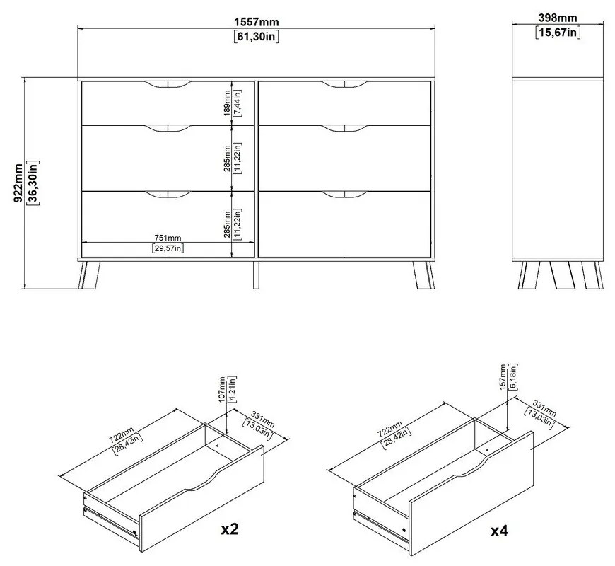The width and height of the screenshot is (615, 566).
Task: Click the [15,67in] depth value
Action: pyautogui.click(x=558, y=32)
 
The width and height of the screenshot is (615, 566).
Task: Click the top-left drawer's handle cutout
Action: pyautogui.click(x=168, y=86)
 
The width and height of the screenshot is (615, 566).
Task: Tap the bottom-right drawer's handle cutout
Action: pyautogui.click(x=345, y=193)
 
